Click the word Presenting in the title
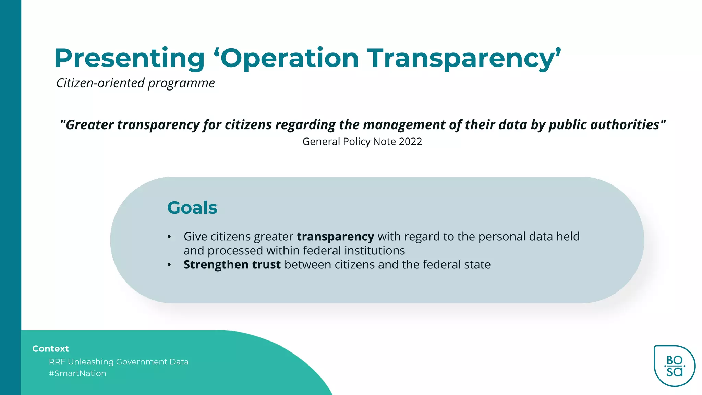tap(129, 58)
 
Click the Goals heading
tap(192, 208)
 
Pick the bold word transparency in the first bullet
tap(335, 237)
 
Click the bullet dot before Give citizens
tap(169, 237)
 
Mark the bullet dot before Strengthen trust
tap(169, 265)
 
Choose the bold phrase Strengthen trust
tap(232, 265)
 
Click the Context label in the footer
tap(50, 349)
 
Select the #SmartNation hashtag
tap(77, 373)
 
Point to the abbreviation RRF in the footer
tap(57, 362)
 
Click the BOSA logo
tap(674, 366)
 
